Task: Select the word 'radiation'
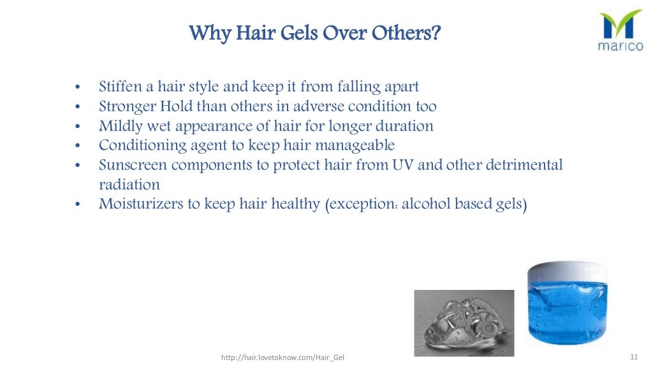(129, 185)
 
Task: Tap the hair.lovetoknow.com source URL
(282, 358)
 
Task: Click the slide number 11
(633, 356)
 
